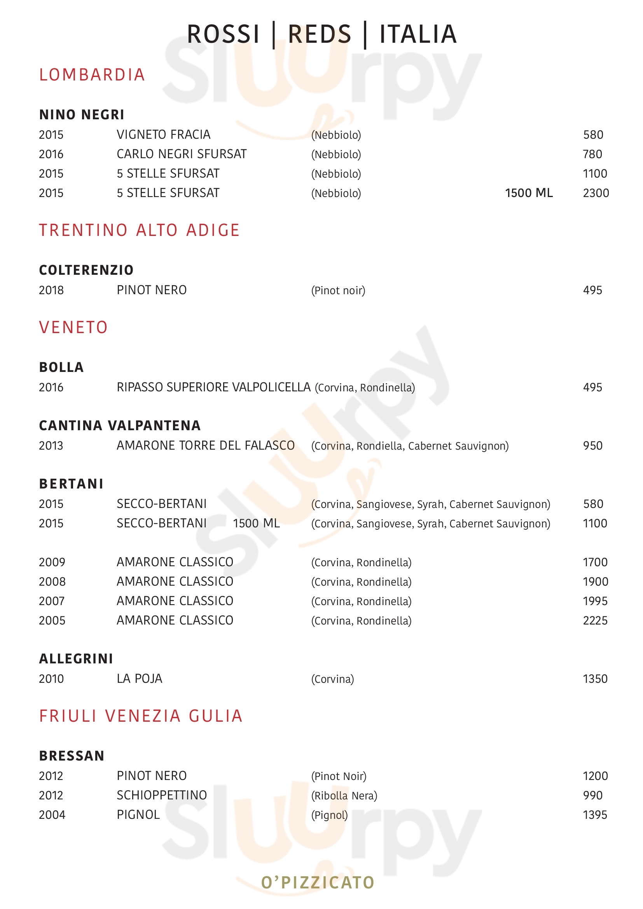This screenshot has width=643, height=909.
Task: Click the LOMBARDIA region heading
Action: tap(92, 75)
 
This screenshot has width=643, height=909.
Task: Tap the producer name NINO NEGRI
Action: tap(82, 114)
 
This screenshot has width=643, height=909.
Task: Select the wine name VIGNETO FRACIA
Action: tap(163, 134)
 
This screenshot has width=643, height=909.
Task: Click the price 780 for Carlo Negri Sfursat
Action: tap(592, 154)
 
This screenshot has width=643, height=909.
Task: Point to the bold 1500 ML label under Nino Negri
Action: tap(529, 193)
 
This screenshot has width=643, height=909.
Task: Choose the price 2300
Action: tap(596, 193)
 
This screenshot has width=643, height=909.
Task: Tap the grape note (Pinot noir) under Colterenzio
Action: tap(338, 290)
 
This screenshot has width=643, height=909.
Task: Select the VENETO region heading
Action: tap(73, 327)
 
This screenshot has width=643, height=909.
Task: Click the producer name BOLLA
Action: tap(61, 367)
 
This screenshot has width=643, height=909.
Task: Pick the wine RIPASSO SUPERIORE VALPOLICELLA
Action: tap(213, 387)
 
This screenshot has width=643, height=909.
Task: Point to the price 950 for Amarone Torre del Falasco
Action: tap(592, 445)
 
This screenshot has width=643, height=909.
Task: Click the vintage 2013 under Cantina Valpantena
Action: tap(51, 445)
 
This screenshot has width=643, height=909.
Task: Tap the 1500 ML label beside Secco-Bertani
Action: tap(256, 523)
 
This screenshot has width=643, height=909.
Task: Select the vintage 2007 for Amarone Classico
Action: tap(51, 601)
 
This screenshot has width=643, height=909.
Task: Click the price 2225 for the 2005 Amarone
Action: tap(595, 620)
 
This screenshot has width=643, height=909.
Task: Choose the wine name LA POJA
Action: tap(140, 679)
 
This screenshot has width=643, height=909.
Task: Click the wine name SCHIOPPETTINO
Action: tap(162, 795)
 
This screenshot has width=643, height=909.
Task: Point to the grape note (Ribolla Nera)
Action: tap(344, 796)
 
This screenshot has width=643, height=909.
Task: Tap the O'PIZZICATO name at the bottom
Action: tap(318, 882)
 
